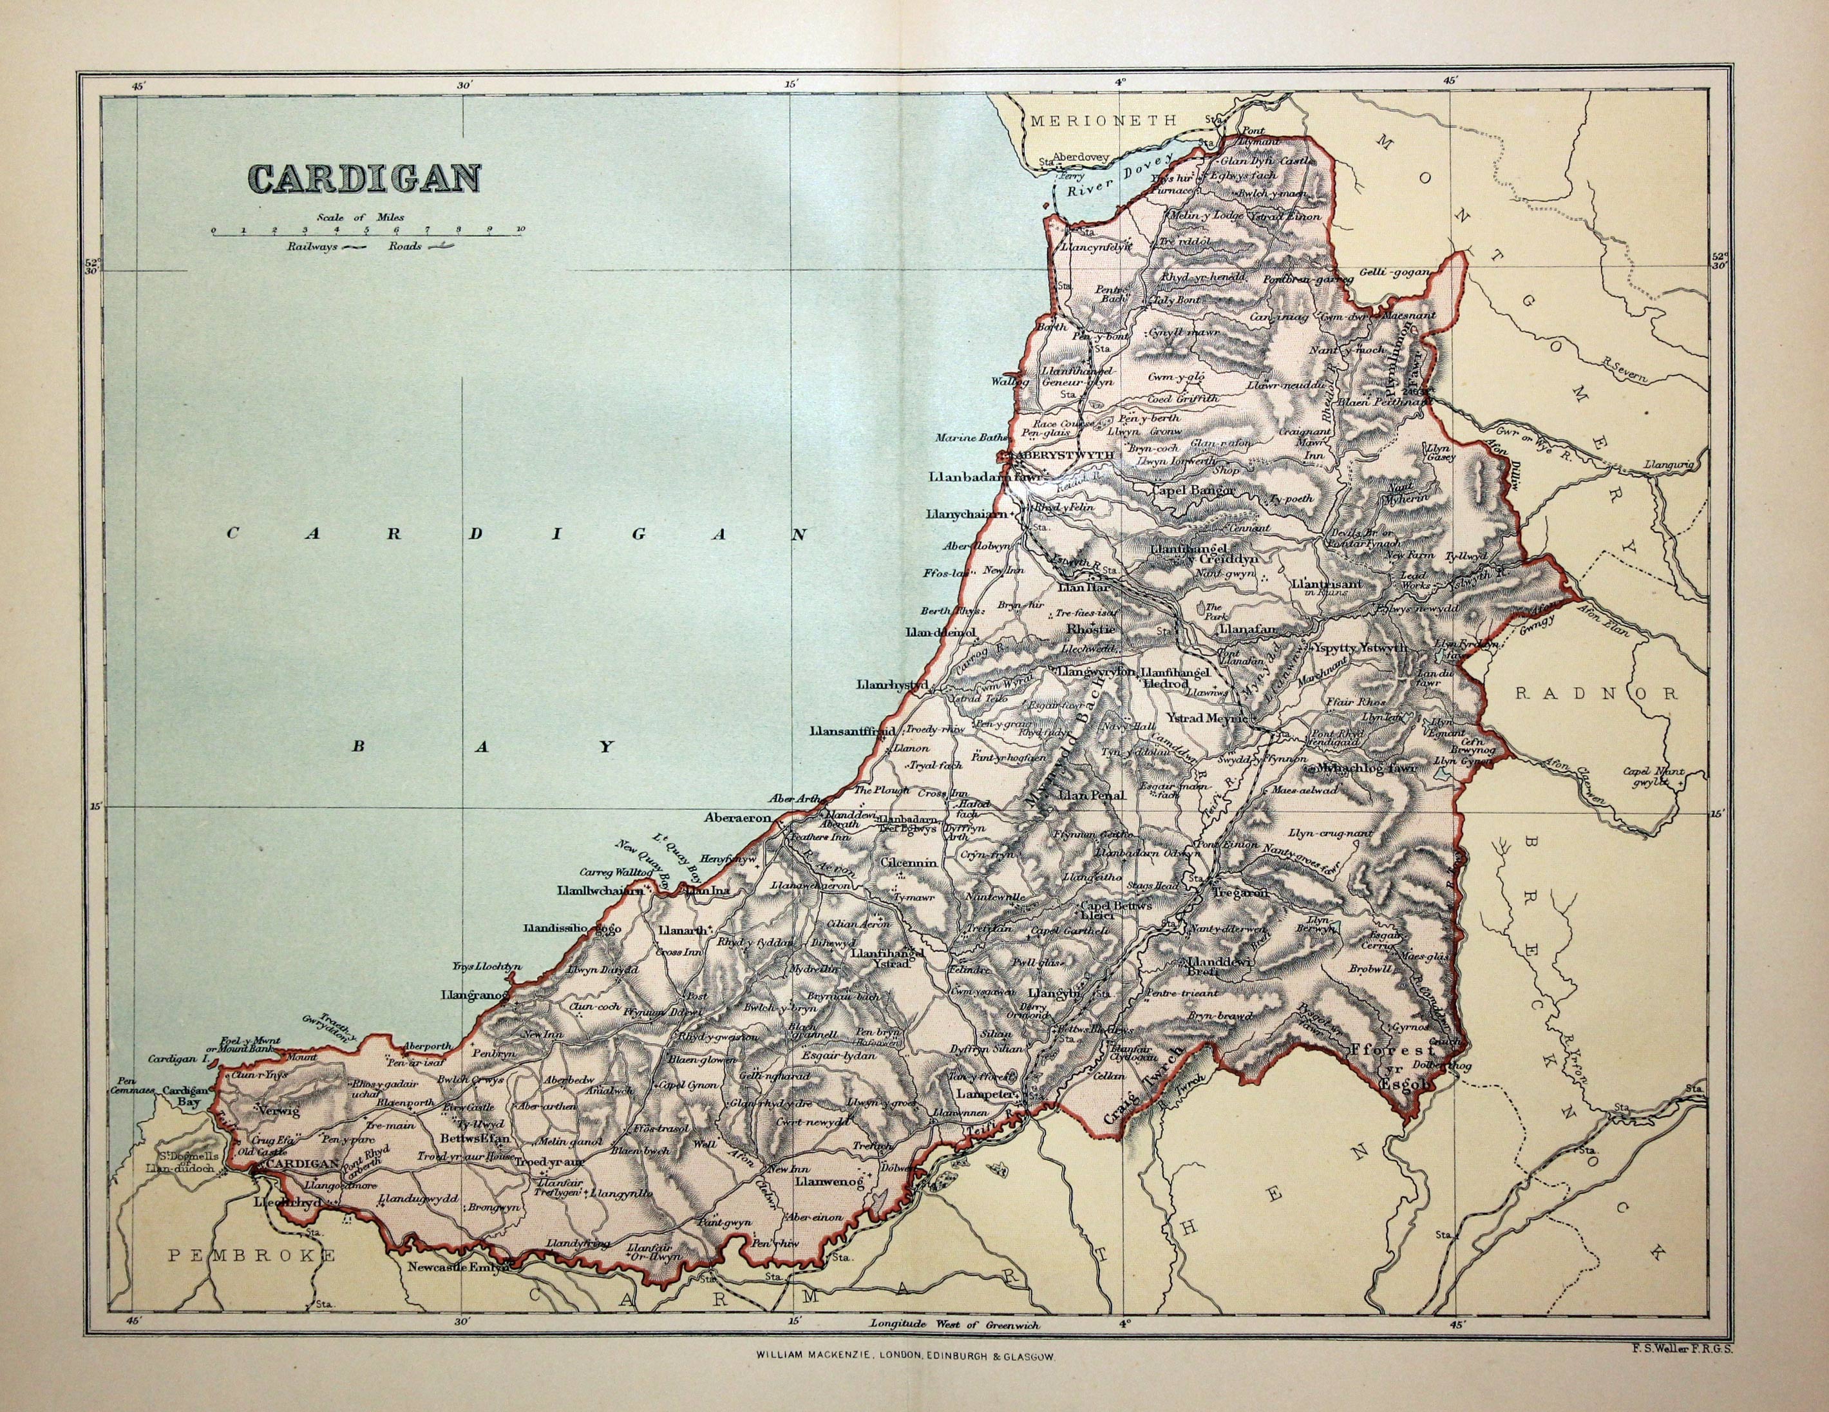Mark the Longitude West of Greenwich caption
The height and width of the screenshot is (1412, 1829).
(x=954, y=1348)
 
